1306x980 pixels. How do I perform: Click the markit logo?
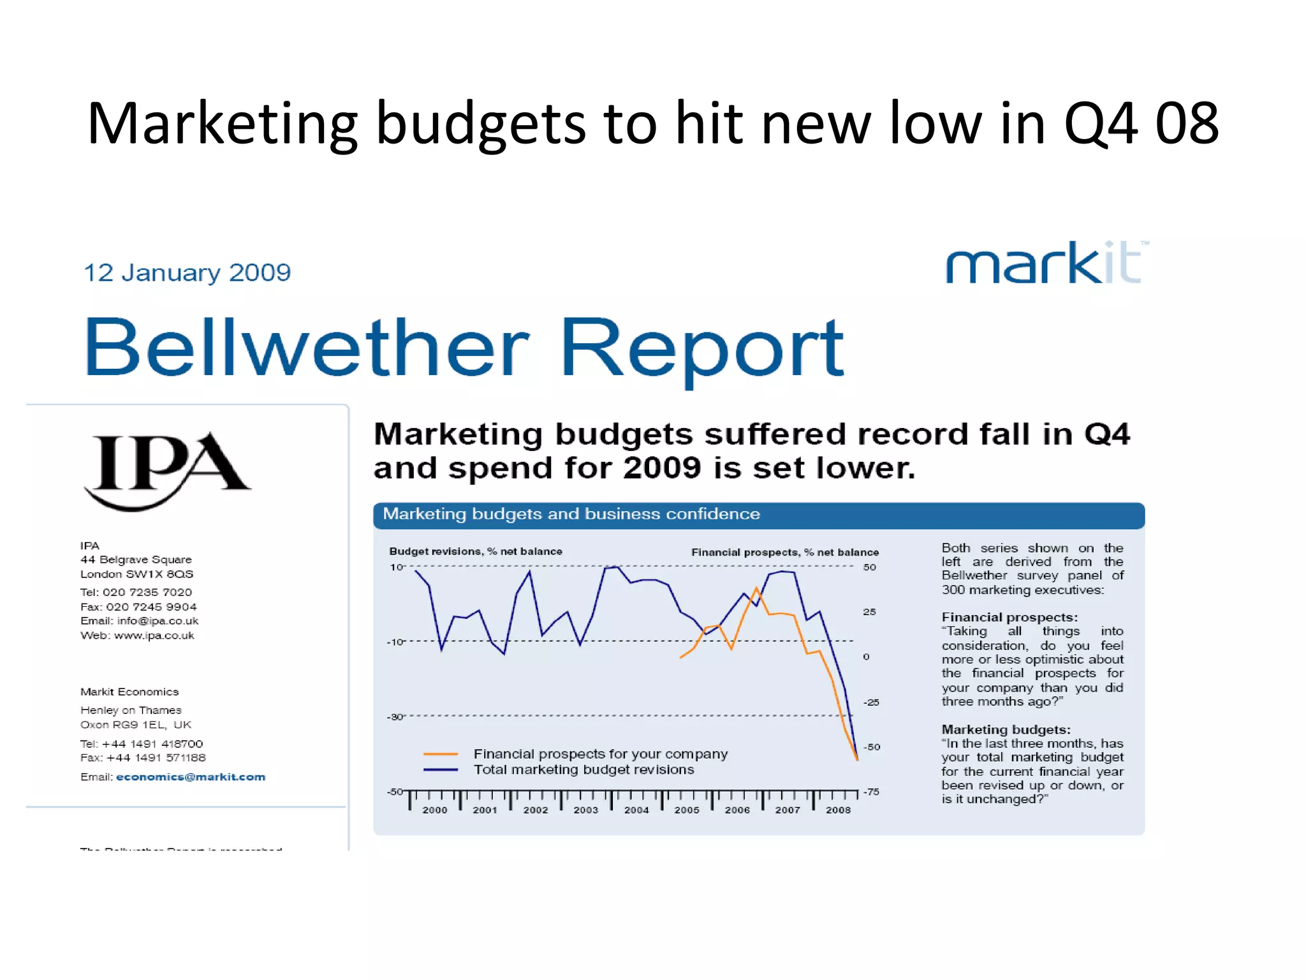pos(1046,262)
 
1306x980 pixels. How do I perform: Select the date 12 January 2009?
pos(187,273)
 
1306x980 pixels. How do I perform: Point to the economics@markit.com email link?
pos(191,777)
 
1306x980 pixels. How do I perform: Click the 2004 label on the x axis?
pos(636,810)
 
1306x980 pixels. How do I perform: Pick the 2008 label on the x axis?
pos(838,810)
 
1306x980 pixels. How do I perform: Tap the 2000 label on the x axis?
pos(435,810)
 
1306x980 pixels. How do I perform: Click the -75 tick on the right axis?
pos(871,792)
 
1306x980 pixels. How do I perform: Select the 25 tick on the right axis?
pos(869,612)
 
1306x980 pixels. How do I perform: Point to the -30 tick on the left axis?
pos(396,716)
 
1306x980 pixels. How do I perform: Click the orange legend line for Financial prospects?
pos(441,754)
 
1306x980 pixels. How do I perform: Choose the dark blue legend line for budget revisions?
pos(441,770)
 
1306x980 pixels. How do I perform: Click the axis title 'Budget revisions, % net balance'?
pos(476,551)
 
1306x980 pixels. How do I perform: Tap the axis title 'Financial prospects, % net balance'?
pos(785,552)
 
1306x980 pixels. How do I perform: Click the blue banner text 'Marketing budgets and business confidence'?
pos(571,514)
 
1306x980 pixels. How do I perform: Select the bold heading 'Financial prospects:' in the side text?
pos(1009,617)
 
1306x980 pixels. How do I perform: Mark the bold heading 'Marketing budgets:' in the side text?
pos(1006,729)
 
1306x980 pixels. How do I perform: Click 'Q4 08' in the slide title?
pos(1141,122)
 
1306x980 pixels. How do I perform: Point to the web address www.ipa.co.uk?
pos(154,635)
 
